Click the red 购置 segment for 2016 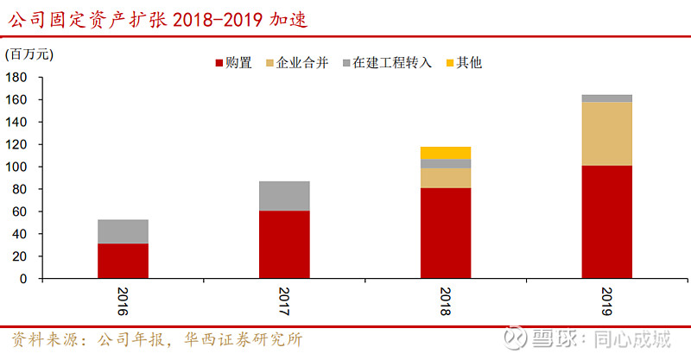pyautogui.click(x=123, y=261)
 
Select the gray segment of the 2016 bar pyautogui.click(x=123, y=231)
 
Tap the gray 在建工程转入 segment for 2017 pyautogui.click(x=284, y=196)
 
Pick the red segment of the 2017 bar pyautogui.click(x=284, y=244)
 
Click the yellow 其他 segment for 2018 pyautogui.click(x=446, y=153)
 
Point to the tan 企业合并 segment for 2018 pyautogui.click(x=446, y=178)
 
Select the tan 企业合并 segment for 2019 pyautogui.click(x=606, y=134)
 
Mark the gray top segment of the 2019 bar pyautogui.click(x=606, y=98)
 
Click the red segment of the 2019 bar pyautogui.click(x=606, y=222)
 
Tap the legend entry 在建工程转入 pyautogui.click(x=393, y=63)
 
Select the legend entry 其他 pyautogui.click(x=469, y=63)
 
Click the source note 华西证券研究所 pyautogui.click(x=243, y=339)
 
